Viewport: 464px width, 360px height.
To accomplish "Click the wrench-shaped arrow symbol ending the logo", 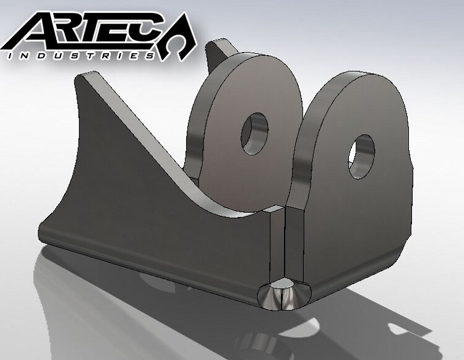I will point(186,40).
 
